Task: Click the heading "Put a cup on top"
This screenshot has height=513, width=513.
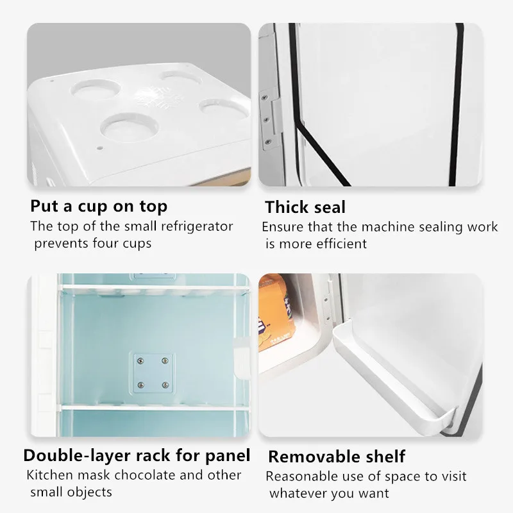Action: tap(99, 206)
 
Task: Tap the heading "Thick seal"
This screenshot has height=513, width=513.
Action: tap(305, 206)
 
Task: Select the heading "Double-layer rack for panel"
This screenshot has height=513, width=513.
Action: tap(137, 456)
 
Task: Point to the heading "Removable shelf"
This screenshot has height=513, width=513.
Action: tap(337, 457)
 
